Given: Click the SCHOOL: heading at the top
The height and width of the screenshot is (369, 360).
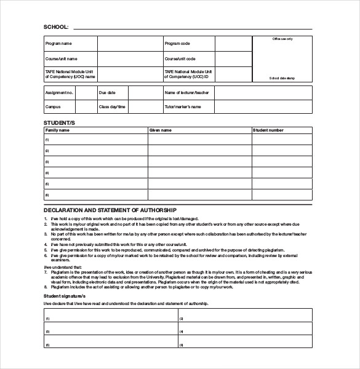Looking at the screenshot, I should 57,26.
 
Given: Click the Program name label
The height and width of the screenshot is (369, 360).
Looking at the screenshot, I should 59,44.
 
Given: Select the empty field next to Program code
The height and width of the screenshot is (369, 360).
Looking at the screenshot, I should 233,44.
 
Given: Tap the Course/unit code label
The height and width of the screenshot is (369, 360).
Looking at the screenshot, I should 180,59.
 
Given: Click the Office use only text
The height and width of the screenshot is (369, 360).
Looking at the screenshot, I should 282,39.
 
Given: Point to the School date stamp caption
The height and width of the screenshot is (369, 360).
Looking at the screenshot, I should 282,79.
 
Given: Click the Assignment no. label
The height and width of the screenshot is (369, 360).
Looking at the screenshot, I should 60,92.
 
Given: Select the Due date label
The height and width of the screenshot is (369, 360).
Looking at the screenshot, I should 107,92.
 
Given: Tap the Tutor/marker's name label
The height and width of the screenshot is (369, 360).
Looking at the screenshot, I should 183,106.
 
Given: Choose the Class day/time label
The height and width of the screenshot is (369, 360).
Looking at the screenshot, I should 113,106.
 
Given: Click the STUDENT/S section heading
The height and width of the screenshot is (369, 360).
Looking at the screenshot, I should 59,123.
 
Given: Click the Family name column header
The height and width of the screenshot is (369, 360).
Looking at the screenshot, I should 58,130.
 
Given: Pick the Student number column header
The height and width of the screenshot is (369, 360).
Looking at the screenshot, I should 268,130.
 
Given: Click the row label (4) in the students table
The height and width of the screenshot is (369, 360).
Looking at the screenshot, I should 47,172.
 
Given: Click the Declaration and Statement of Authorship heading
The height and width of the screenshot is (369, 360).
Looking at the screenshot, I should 110,210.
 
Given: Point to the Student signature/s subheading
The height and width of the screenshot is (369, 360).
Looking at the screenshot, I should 68,295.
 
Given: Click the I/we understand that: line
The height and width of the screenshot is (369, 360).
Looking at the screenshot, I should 63,268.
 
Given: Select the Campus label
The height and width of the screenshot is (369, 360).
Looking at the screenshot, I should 53,106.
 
